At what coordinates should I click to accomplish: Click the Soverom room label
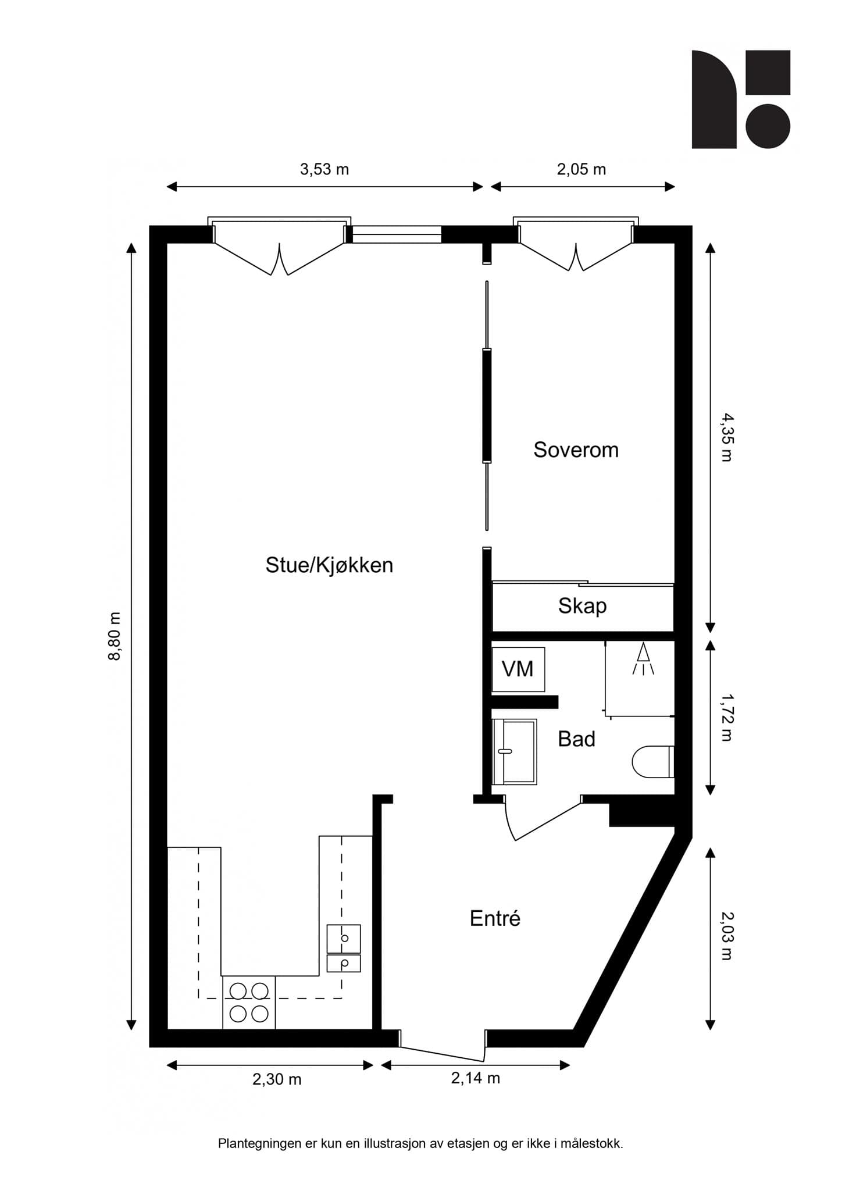point(576,450)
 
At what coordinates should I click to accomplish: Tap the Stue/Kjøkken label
point(329,565)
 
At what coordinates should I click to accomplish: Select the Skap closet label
point(582,606)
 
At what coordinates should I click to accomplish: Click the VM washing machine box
point(518,669)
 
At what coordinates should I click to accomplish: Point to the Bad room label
point(576,739)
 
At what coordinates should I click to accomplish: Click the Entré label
point(495,919)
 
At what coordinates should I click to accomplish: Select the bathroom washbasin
point(514,751)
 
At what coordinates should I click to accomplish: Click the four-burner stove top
point(249,1002)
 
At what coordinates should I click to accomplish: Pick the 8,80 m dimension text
point(115,636)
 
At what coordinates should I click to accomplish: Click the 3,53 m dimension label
point(324,169)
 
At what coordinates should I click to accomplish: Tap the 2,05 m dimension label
point(581,169)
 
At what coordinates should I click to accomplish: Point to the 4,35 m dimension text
point(727,437)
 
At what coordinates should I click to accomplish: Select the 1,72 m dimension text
point(727,718)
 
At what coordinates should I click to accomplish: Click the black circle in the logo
point(768,126)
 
